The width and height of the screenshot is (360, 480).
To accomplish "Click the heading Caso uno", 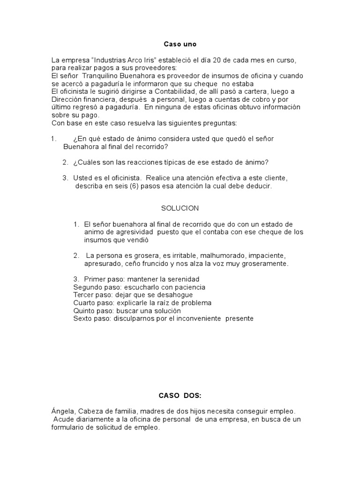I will [180, 44].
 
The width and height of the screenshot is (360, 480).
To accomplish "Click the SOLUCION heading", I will [180, 208].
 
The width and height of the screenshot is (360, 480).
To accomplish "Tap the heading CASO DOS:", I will [180, 396].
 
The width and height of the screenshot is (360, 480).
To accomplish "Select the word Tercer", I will [83, 295].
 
